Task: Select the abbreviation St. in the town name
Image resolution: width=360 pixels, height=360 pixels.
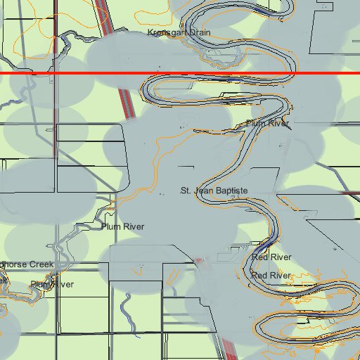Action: [x=186, y=191]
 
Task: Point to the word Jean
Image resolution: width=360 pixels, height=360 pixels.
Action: [x=204, y=191]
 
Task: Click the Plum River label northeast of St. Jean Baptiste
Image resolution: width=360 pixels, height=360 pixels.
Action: [x=267, y=124]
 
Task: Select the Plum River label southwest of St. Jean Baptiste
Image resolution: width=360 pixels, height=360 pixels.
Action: [x=122, y=226]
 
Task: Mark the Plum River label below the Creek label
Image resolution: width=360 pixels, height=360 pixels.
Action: [x=51, y=284]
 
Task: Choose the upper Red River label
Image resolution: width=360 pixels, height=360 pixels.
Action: [x=271, y=258]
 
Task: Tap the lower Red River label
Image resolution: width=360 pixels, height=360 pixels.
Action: [x=271, y=276]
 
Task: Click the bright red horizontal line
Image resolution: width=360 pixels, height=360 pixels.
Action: [x=180, y=72]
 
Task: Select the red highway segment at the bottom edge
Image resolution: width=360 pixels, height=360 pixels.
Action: [x=228, y=348]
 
